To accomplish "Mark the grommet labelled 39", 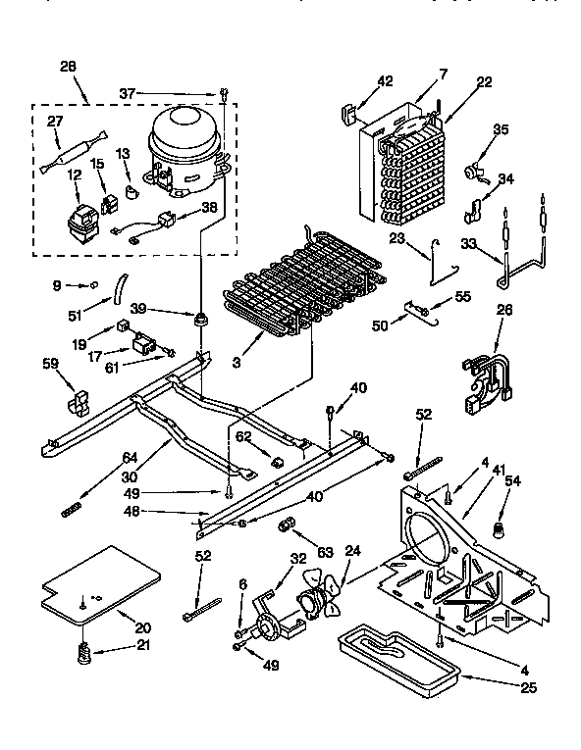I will [202, 319].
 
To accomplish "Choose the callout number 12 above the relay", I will [74, 175].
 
